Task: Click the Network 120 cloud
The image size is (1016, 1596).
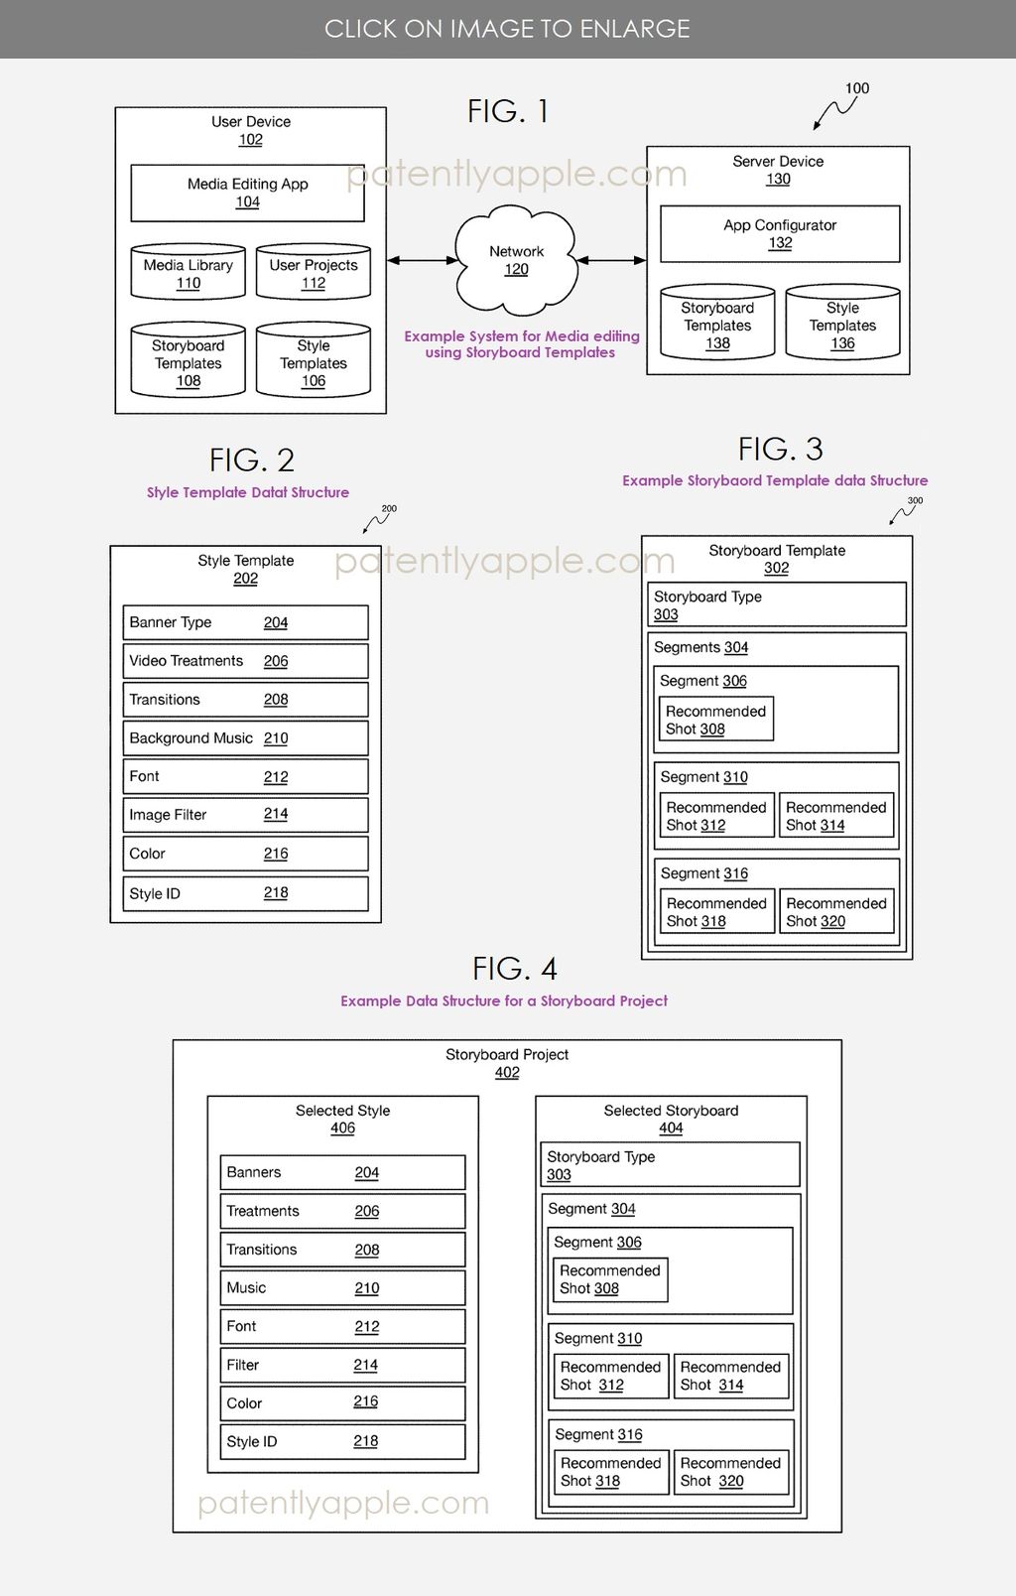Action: click(516, 260)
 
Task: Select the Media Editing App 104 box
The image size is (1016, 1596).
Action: click(247, 194)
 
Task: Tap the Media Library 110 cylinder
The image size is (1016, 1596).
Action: click(189, 272)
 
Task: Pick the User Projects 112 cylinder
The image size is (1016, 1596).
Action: click(314, 272)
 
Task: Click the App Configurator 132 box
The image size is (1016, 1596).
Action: click(780, 233)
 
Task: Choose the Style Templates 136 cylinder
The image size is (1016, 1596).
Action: click(843, 322)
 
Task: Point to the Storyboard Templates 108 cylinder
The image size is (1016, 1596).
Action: click(189, 360)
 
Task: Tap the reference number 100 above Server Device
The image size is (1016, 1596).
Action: click(857, 88)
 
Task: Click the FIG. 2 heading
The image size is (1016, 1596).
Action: click(251, 461)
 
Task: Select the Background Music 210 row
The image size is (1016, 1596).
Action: click(246, 738)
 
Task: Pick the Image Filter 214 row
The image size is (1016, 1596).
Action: click(246, 815)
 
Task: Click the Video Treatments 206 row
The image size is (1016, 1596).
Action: click(246, 661)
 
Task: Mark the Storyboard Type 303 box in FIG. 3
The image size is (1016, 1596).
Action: click(777, 604)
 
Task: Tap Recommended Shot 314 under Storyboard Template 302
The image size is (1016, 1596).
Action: click(836, 816)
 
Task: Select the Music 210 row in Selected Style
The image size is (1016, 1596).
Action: click(342, 1288)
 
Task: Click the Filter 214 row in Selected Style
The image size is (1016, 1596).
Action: click(342, 1365)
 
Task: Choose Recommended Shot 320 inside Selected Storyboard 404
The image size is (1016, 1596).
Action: click(731, 1472)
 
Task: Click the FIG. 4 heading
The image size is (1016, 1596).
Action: click(514, 969)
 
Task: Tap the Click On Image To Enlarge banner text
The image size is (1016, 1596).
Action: click(507, 29)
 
